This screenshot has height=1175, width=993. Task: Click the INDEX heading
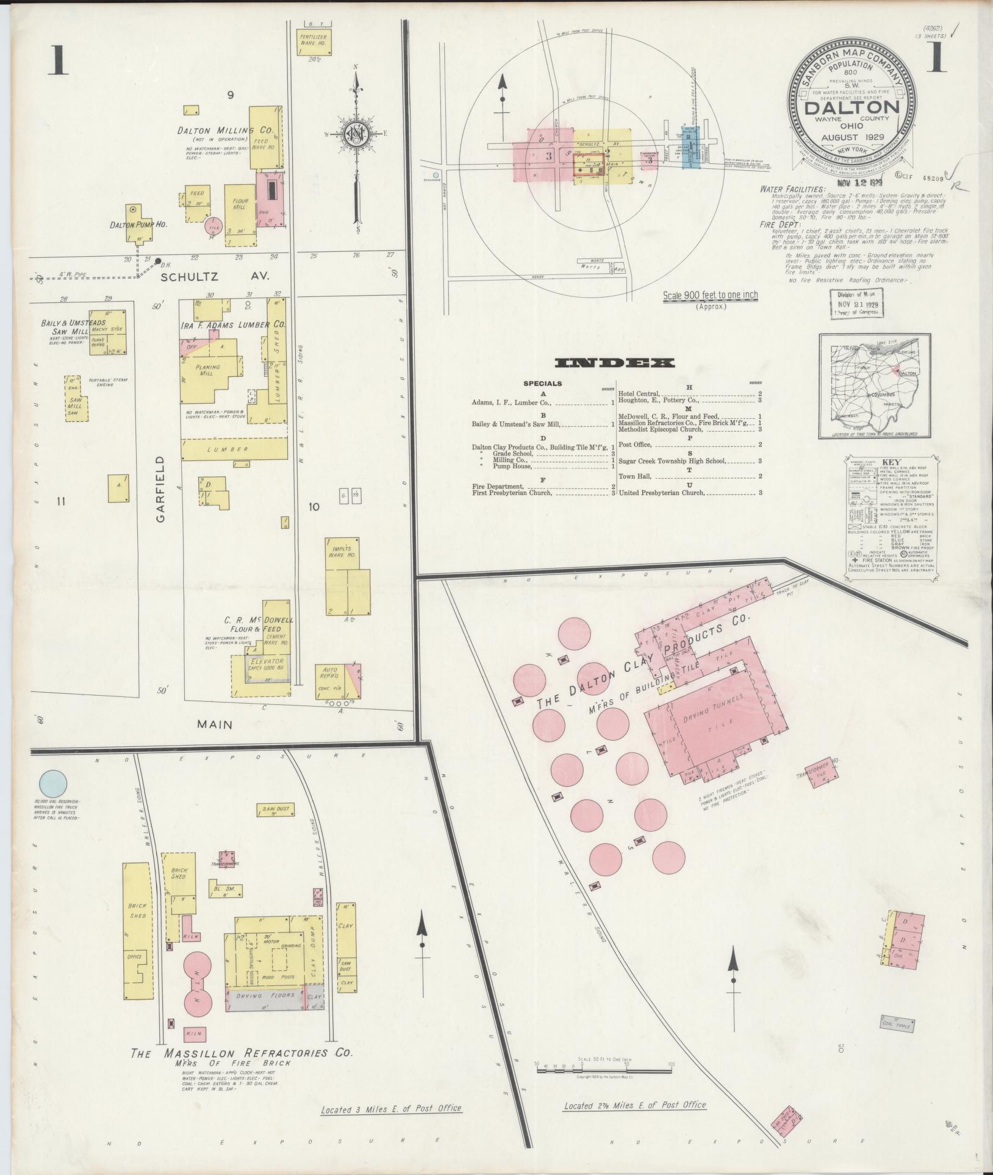(x=615, y=363)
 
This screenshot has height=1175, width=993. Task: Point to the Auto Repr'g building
(x=337, y=680)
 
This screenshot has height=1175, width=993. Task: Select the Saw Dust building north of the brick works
(x=276, y=810)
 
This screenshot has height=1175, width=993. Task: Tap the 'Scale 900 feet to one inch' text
(x=711, y=295)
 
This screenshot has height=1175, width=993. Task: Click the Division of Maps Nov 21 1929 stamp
(x=857, y=303)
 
